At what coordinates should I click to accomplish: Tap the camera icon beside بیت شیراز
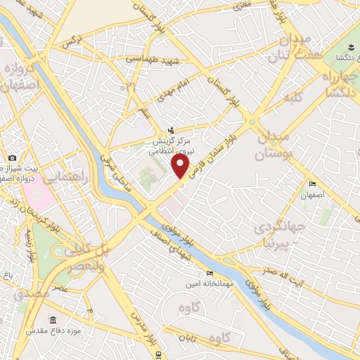click(x=12, y=157)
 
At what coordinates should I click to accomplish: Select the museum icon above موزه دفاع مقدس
click(x=53, y=319)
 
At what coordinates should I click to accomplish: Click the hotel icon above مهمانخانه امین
click(x=208, y=274)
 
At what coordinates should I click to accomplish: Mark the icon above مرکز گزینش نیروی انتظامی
click(x=170, y=129)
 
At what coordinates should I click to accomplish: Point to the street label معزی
click(x=242, y=6)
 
